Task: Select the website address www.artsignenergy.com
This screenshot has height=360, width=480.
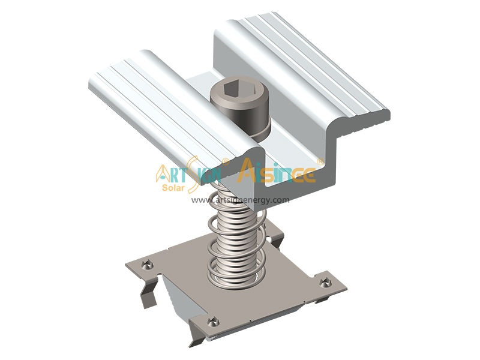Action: (x=240, y=200)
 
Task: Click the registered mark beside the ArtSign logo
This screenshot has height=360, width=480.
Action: (x=225, y=161)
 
